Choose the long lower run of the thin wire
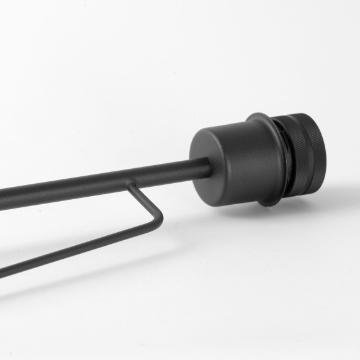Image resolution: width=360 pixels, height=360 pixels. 81,245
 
